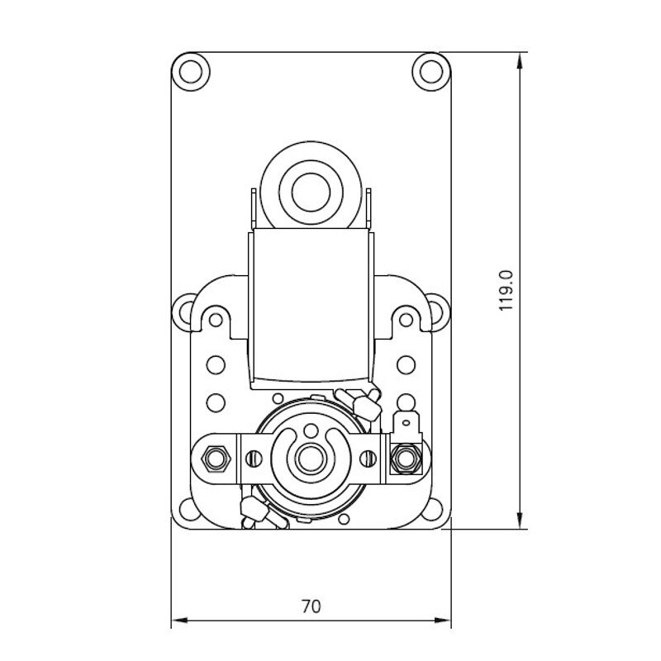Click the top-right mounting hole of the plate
click(429, 68)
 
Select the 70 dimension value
click(310, 606)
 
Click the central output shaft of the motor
click(311, 455)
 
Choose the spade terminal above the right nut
click(405, 425)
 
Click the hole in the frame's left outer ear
click(183, 313)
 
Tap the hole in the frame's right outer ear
click(440, 313)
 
